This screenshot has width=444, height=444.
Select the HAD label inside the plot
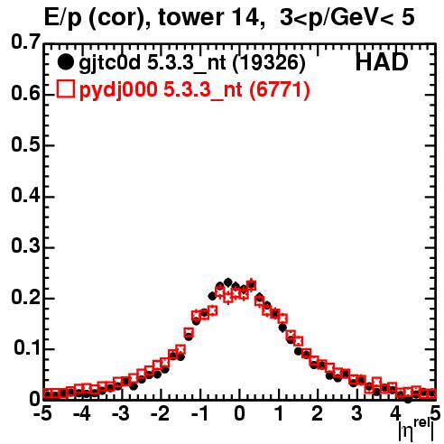(382, 62)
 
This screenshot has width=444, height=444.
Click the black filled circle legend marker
(65, 62)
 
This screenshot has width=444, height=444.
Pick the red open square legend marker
(65, 89)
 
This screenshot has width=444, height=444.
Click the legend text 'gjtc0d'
(109, 64)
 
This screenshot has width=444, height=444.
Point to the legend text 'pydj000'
(118, 90)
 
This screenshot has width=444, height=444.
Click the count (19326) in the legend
(269, 63)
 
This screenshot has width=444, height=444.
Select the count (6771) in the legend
(280, 90)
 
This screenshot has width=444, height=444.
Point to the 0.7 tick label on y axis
(25, 42)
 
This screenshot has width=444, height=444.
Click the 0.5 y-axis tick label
(25, 144)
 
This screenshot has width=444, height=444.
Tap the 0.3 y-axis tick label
(25, 246)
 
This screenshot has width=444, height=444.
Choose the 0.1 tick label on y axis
(27, 348)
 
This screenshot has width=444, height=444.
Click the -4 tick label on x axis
(81, 413)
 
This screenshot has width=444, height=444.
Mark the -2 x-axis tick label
(161, 413)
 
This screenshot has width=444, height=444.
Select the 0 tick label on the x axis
(239, 413)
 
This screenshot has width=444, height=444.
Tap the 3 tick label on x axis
(356, 413)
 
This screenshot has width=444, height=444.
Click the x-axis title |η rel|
(417, 430)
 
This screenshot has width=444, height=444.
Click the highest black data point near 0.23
(227, 282)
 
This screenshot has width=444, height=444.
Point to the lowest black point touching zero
(408, 400)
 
